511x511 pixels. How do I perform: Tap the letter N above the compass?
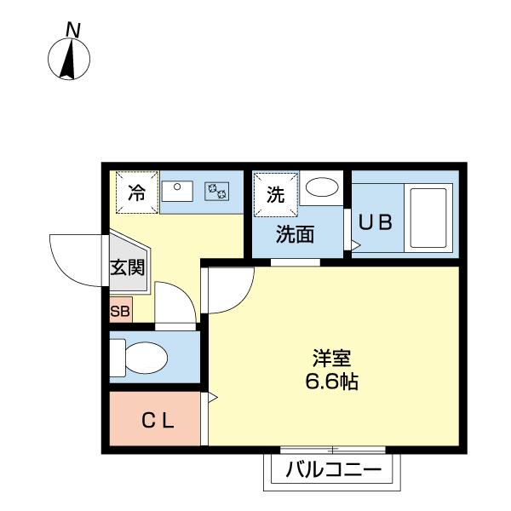tap(75, 30)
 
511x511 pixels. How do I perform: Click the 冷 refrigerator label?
tap(136, 192)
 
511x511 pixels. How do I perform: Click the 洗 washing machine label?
tap(274, 194)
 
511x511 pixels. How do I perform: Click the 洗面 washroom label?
tap(295, 234)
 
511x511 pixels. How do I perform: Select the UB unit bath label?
tap(375, 222)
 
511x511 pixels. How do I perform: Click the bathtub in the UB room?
tap(428, 217)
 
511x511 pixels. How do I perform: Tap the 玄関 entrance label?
tap(127, 267)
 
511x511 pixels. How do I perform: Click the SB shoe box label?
tap(120, 311)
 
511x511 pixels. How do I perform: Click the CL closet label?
tap(158, 419)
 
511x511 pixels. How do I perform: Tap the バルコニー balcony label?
tap(332, 469)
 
